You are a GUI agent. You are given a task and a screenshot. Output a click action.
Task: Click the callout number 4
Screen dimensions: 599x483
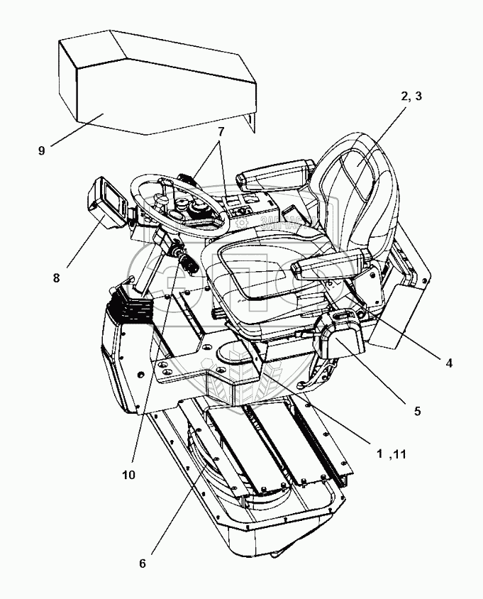click(448, 363)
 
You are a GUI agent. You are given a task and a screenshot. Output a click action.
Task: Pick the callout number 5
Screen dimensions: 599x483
click(418, 410)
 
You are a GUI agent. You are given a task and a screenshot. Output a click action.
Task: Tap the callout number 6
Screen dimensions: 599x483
click(143, 563)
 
